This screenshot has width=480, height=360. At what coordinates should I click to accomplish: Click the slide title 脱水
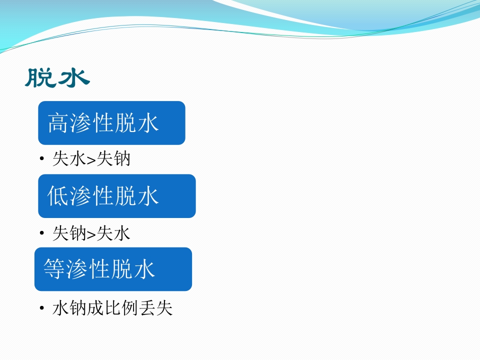(x=57, y=78)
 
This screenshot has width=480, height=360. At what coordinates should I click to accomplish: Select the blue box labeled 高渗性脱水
(x=111, y=123)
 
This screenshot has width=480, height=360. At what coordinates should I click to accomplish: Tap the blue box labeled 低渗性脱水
(x=116, y=196)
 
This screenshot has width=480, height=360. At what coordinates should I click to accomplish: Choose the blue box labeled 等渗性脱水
(x=113, y=269)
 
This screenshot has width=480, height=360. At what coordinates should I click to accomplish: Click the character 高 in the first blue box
(x=58, y=123)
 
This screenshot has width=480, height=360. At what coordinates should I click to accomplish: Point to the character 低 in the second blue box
(x=58, y=196)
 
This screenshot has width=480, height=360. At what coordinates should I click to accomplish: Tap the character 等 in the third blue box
(x=54, y=269)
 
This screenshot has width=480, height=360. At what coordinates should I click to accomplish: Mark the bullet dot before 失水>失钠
(x=42, y=160)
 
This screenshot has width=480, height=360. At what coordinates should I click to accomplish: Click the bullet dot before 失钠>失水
(x=42, y=233)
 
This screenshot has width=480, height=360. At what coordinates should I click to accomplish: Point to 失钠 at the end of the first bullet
(x=113, y=159)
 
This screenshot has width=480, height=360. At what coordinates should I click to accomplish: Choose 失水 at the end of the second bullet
(x=113, y=233)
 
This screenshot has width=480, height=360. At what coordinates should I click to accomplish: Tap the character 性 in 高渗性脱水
(x=103, y=123)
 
